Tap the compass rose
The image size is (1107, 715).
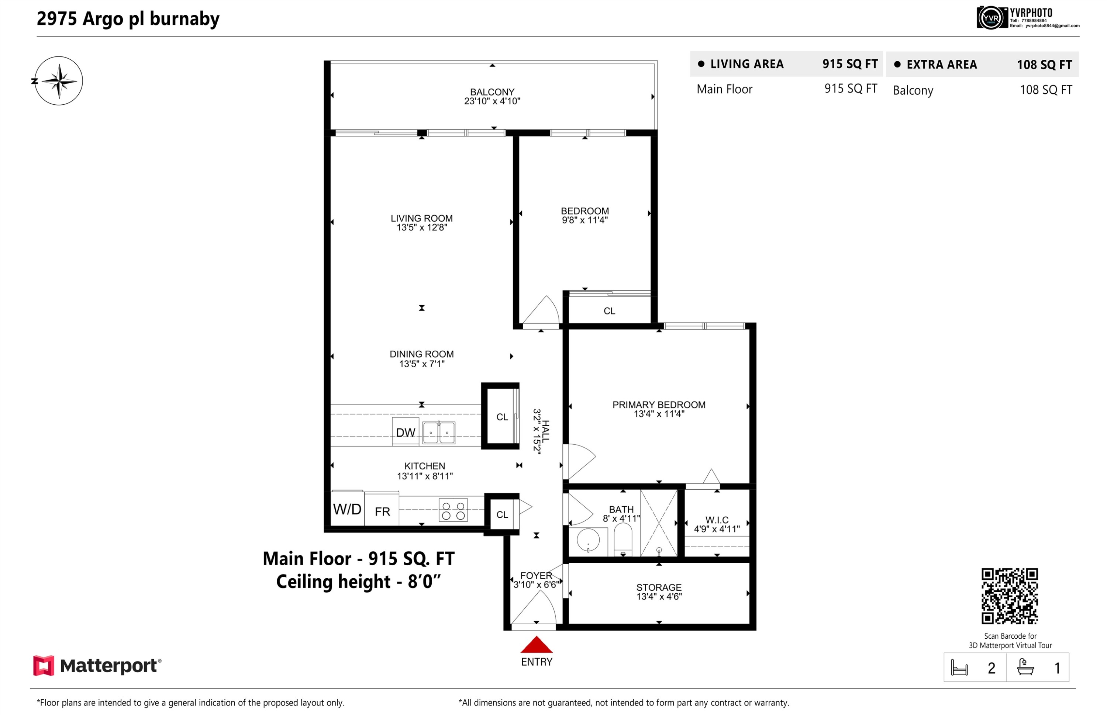[x=59, y=81]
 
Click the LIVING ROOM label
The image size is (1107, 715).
[x=421, y=218]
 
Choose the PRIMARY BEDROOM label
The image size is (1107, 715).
[x=659, y=405]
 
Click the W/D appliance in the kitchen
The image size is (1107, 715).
[x=348, y=509]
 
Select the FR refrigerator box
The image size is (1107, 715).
[x=382, y=509]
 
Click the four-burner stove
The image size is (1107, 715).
[x=453, y=510]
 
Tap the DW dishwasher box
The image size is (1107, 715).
[x=406, y=432]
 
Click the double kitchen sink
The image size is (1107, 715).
[x=438, y=433]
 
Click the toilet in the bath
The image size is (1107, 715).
[x=623, y=539]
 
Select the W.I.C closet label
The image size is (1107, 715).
[x=717, y=520]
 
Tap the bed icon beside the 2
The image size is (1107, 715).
[x=959, y=668]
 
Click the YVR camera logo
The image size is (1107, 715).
[x=990, y=18]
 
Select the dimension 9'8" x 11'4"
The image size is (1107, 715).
[x=584, y=220]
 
